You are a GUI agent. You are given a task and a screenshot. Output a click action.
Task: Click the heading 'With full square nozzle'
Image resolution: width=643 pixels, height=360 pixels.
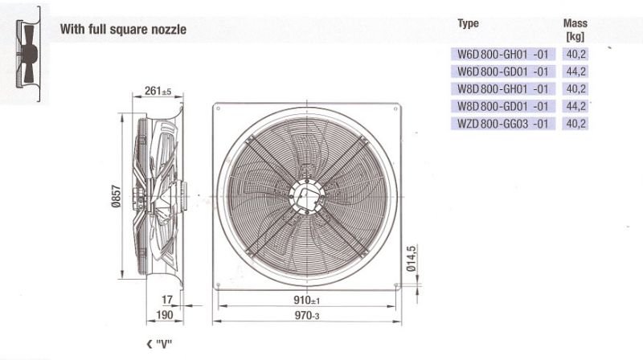(x=123, y=29)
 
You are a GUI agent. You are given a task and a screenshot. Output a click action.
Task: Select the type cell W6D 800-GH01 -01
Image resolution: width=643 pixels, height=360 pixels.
(x=503, y=54)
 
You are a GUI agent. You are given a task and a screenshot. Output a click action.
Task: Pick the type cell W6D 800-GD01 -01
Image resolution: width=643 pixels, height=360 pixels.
(x=503, y=72)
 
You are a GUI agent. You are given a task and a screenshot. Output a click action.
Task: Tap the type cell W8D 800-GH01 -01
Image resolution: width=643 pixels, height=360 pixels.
(x=503, y=88)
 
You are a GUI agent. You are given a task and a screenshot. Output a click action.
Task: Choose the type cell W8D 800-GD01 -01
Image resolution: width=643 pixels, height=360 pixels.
(x=503, y=106)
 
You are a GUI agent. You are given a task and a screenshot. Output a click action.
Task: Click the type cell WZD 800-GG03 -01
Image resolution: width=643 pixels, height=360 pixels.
(x=503, y=124)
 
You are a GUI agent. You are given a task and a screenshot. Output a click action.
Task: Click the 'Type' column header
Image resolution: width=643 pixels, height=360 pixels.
(x=468, y=24)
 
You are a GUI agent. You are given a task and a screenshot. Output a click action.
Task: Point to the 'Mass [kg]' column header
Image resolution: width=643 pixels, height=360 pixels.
(x=575, y=30)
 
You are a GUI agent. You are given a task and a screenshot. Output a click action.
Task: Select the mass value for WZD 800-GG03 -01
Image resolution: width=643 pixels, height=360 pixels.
(x=575, y=124)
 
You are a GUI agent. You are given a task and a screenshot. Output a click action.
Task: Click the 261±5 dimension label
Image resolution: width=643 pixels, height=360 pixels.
(x=158, y=91)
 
